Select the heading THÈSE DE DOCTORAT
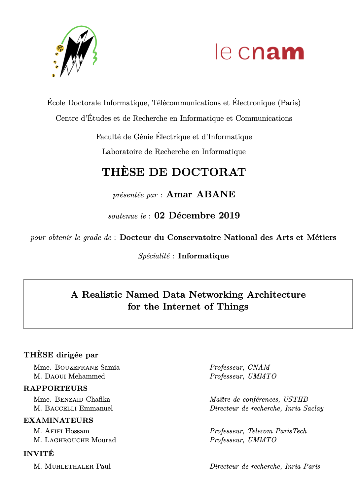point(174,172)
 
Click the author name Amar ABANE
point(201,194)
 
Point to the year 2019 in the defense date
point(229,216)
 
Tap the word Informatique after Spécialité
point(203,256)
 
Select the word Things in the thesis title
point(233,307)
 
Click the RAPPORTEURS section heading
point(55,388)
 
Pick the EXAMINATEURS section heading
point(58,420)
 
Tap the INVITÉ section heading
point(39,454)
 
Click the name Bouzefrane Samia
point(87,368)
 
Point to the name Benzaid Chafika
point(82,400)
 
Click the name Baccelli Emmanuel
point(79,409)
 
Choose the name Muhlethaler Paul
point(78,467)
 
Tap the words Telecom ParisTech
point(277,431)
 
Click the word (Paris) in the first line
point(289,103)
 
